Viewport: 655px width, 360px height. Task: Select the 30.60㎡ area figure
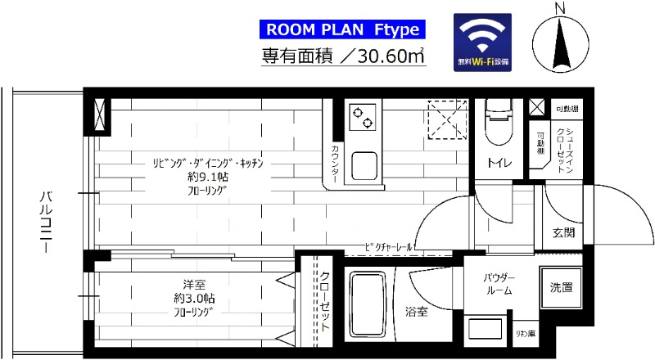386,56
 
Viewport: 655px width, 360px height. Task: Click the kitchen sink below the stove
364,165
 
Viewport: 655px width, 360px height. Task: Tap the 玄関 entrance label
563,232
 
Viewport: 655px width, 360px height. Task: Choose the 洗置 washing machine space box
561,287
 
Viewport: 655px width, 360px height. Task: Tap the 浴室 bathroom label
415,310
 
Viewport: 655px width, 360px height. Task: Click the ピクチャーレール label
390,245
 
